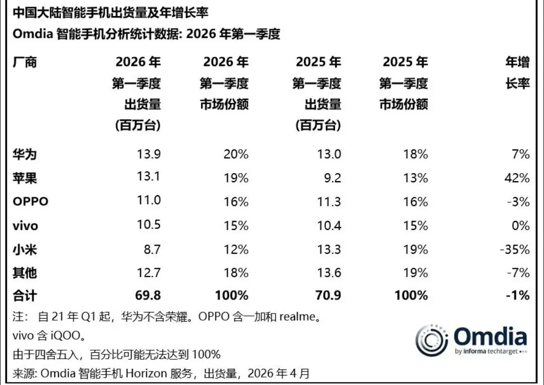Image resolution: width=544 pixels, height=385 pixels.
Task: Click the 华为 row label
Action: pyautogui.click(x=24, y=155)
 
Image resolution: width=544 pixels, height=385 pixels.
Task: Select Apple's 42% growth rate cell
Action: pyautogui.click(x=519, y=178)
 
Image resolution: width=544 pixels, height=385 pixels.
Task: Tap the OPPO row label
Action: pyautogui.click(x=30, y=202)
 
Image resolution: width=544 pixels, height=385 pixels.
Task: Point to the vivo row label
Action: pyautogui.click(x=25, y=226)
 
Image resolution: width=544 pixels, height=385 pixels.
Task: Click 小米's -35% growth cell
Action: pyautogui.click(x=516, y=250)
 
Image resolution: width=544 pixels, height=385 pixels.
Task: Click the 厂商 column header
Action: pyautogui.click(x=24, y=62)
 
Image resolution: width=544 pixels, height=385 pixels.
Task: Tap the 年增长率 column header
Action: pyautogui.click(x=517, y=73)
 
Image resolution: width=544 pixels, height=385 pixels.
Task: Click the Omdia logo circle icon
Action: pyautogui.click(x=432, y=341)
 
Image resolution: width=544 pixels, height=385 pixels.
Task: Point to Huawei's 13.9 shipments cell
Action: pyautogui.click(x=149, y=155)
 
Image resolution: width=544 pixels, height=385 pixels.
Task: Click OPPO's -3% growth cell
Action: pyautogui.click(x=519, y=202)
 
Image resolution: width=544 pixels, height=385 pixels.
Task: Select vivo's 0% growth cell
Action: pyautogui.click(x=521, y=226)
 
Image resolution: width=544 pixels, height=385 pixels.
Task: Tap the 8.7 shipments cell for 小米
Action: pyautogui.click(x=152, y=250)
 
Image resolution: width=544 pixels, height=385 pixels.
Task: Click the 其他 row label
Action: pyautogui.click(x=24, y=273)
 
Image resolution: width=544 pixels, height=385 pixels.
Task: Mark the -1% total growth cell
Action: pyautogui.click(x=519, y=295)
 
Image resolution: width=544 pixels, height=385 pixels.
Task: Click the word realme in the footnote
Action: pyautogui.click(x=297, y=318)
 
